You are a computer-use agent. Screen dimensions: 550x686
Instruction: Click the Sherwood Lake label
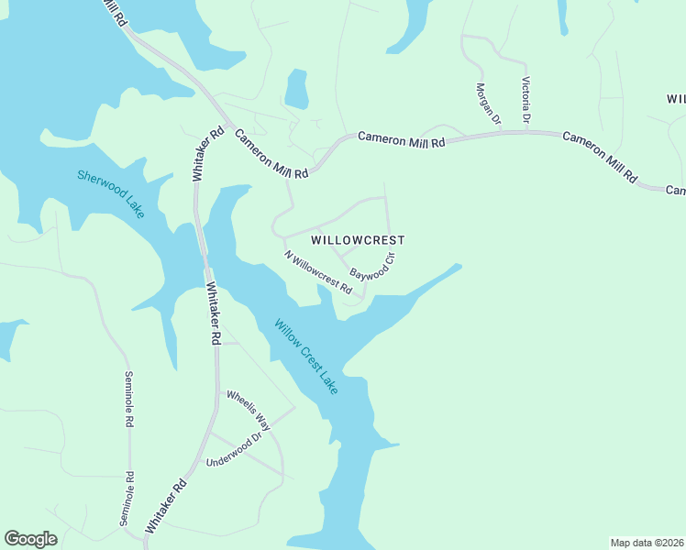click(x=111, y=193)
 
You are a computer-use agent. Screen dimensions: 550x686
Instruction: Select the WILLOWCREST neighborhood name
click(x=358, y=240)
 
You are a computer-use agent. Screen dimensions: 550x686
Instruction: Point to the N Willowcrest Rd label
click(x=318, y=272)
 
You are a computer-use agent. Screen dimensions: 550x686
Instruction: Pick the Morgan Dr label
click(x=489, y=103)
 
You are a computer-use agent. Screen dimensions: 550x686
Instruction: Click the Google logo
click(x=30, y=539)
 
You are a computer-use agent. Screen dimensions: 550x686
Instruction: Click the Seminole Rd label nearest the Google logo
click(x=127, y=499)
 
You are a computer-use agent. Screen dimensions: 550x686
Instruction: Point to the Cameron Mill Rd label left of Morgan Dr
click(x=401, y=139)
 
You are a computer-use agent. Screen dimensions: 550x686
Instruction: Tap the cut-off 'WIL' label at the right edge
click(x=676, y=98)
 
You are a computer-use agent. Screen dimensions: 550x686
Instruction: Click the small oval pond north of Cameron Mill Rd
click(x=296, y=90)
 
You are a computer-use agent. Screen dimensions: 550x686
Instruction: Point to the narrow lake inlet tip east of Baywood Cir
click(x=456, y=268)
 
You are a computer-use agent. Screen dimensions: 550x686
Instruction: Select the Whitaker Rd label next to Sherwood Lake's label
click(x=207, y=154)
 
